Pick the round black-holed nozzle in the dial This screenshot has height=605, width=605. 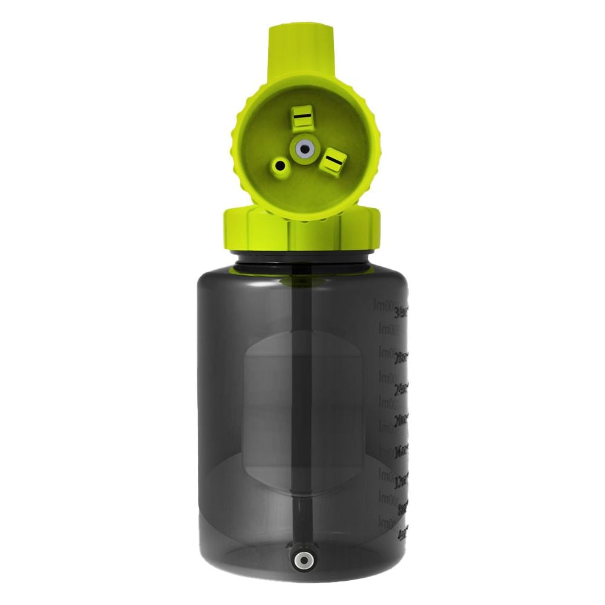click(x=281, y=165)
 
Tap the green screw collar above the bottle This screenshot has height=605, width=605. click(x=302, y=229)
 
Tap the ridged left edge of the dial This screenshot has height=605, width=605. click(x=234, y=145)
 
